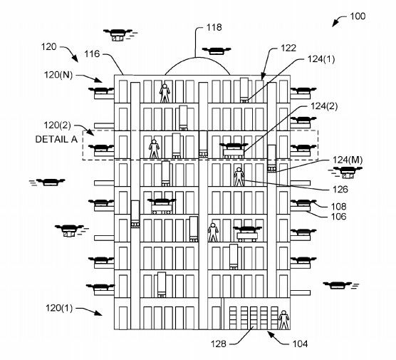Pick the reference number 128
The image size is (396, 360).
[219, 344]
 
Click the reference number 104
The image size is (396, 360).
[300, 344]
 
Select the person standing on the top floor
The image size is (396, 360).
[165, 92]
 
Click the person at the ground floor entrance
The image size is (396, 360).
[283, 321]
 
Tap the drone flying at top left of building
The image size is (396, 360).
[118, 33]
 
